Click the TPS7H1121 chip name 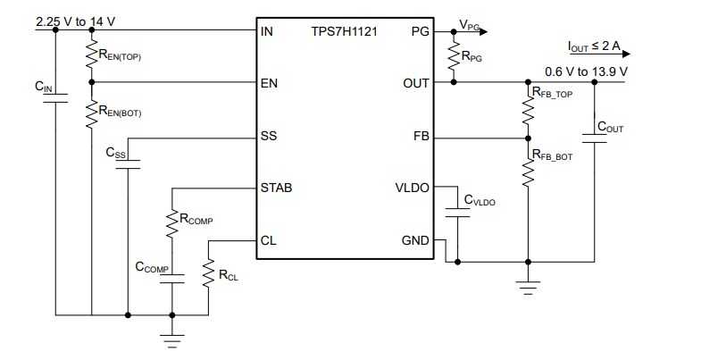[x=344, y=30]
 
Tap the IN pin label [x=266, y=30]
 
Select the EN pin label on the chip [x=268, y=82]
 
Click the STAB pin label [x=276, y=188]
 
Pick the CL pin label [x=268, y=240]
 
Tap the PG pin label [x=420, y=30]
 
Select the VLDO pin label [x=412, y=188]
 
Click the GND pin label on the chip [x=414, y=240]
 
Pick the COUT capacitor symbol [x=593, y=136]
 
